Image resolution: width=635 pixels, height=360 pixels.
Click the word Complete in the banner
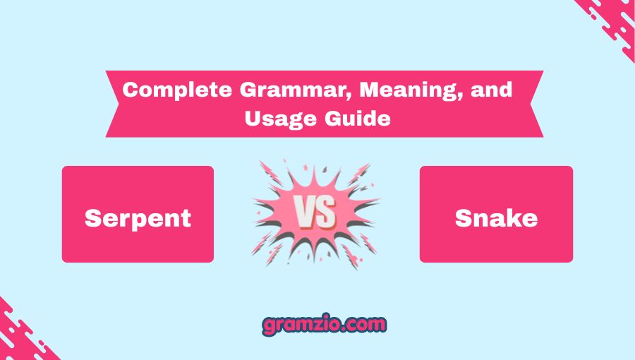(x=177, y=90)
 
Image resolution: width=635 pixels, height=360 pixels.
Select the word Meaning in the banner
(x=411, y=90)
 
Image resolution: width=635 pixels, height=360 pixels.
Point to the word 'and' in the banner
(x=492, y=90)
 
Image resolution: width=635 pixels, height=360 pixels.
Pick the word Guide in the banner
(x=358, y=119)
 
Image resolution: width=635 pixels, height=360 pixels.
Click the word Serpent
(x=138, y=219)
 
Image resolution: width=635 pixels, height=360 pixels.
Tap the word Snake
(x=496, y=218)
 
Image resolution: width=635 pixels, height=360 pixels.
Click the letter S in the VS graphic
(x=326, y=211)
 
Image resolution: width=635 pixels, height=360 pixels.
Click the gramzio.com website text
(x=324, y=325)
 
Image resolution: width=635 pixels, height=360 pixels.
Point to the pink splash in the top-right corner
(x=607, y=24)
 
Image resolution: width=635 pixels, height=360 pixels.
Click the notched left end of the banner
(x=113, y=104)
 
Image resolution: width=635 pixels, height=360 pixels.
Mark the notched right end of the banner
(x=537, y=104)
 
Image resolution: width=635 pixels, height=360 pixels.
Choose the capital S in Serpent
(x=92, y=218)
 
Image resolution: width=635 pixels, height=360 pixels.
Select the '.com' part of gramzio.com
(x=363, y=325)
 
